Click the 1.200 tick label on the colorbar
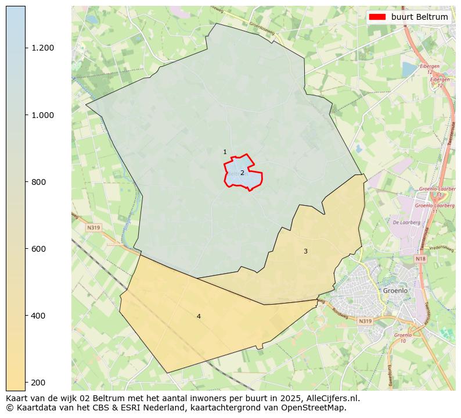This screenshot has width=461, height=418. click(x=43, y=48)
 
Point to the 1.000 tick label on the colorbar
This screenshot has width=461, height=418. click(x=43, y=115)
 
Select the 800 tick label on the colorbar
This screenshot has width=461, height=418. click(x=39, y=182)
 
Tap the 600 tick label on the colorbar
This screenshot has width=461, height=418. click(x=39, y=249)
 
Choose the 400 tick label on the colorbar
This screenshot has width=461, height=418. click(x=39, y=316)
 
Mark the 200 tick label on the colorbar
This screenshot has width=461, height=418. click(x=39, y=383)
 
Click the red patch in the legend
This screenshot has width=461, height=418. click(x=378, y=17)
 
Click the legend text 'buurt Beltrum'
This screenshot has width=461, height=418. click(x=419, y=17)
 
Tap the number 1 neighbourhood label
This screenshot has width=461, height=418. click(x=225, y=152)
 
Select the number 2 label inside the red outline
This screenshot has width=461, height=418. click(x=242, y=173)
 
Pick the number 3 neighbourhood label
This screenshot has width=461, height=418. click(x=305, y=251)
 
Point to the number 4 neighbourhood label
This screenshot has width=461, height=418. click(x=199, y=316)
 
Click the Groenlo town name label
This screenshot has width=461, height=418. click(x=395, y=290)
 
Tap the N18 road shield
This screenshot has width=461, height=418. click(x=421, y=258)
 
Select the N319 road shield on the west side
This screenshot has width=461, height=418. click(x=93, y=228)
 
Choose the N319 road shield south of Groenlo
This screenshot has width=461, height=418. click(x=365, y=321)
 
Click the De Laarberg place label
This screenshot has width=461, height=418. click(x=402, y=222)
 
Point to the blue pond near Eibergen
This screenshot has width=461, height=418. click(x=409, y=69)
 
